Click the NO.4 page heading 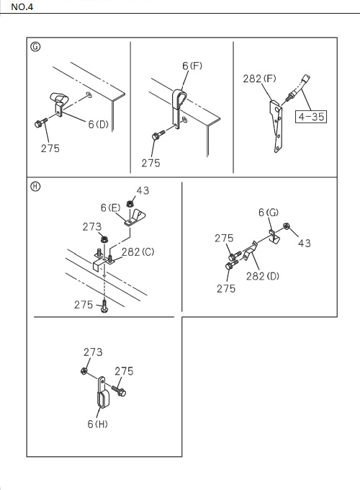coord(22,7)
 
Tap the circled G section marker coord(35,47)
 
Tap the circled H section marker coord(35,187)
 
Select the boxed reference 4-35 coord(311,117)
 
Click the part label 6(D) coord(98,125)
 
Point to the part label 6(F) coord(192,66)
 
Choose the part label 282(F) coord(259,79)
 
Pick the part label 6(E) coord(111,208)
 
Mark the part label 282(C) coord(138,252)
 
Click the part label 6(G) coord(269,213)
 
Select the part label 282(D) coord(263,276)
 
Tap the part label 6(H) coord(97,424)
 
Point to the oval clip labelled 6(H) coord(102,393)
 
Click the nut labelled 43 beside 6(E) coord(130,204)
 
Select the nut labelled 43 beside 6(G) coord(287,226)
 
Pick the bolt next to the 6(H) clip coord(117,391)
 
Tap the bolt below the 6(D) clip coord(41,122)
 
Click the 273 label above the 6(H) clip coord(93,352)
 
